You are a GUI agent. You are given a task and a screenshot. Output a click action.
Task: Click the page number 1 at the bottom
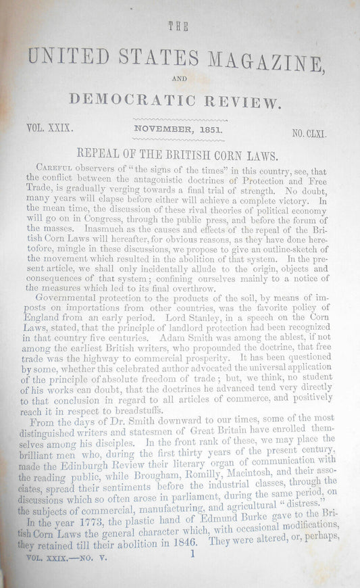click(x=193, y=572)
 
